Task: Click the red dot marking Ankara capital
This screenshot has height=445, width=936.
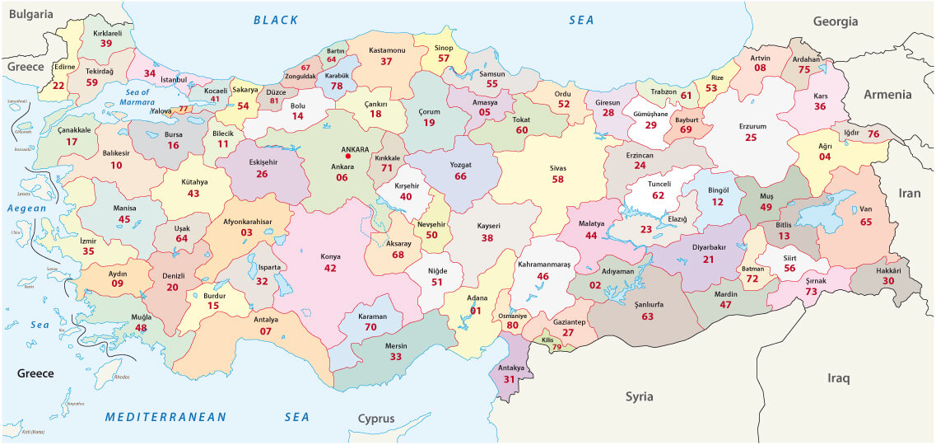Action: click(x=348, y=156)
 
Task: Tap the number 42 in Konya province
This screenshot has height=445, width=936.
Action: click(x=330, y=268)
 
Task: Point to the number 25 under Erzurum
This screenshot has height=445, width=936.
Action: click(x=751, y=138)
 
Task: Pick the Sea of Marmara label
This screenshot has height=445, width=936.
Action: click(x=135, y=97)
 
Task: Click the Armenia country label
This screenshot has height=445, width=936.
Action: click(x=887, y=95)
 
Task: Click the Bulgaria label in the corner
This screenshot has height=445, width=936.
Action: click(x=30, y=14)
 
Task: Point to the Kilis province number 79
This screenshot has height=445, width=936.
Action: click(x=556, y=347)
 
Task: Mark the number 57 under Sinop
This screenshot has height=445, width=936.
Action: click(x=445, y=59)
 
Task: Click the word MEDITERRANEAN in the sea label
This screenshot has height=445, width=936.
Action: click(x=165, y=417)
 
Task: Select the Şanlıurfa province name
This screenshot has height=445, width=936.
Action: click(x=647, y=304)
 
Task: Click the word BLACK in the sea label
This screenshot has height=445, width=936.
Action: click(x=277, y=20)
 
